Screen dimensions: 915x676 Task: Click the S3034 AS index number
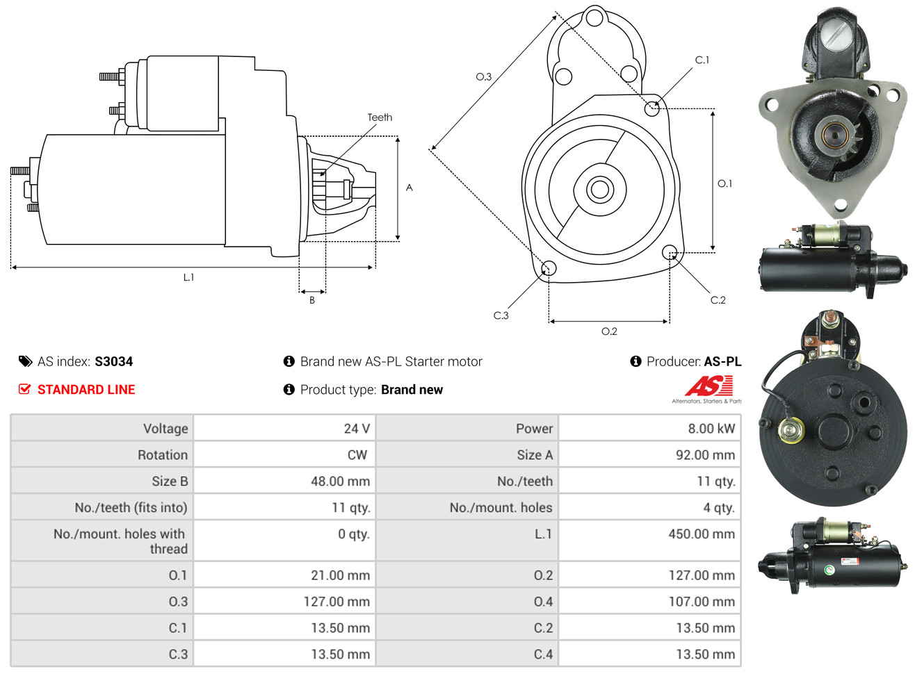coord(113,361)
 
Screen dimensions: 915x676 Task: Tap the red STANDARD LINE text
coord(86,390)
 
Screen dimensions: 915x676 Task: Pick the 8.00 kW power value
coord(711,429)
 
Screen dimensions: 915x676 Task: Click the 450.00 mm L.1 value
coord(702,534)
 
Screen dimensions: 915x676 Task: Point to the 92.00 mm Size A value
coord(705,455)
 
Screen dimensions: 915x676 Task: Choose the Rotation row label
coord(163,455)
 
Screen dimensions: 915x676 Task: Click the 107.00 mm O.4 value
coord(702,602)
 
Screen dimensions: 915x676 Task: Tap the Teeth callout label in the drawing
coord(380,117)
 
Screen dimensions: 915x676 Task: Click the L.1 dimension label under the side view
coord(188,277)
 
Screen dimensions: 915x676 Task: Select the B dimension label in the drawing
coord(312,301)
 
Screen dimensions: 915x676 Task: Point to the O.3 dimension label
coord(483,76)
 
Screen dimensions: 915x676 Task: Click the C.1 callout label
coord(702,60)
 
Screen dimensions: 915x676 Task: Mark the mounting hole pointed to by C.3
coord(549,268)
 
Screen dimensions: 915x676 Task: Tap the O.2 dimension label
coord(609,331)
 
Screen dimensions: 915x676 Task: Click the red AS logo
coord(708,386)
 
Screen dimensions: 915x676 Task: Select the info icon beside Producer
coord(635,361)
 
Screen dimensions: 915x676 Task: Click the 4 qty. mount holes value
coord(719,508)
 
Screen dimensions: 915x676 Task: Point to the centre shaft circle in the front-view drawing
coord(599,190)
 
